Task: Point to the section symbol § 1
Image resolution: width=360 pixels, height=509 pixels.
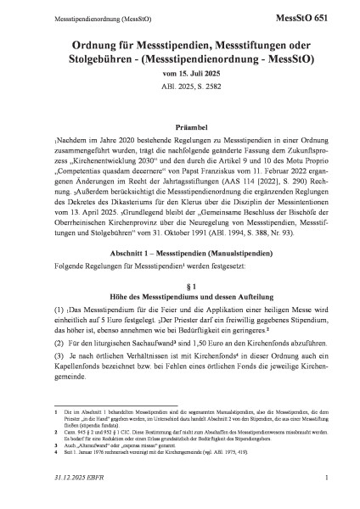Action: [179, 281]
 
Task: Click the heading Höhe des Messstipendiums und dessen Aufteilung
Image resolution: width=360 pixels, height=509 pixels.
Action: [179, 294]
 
